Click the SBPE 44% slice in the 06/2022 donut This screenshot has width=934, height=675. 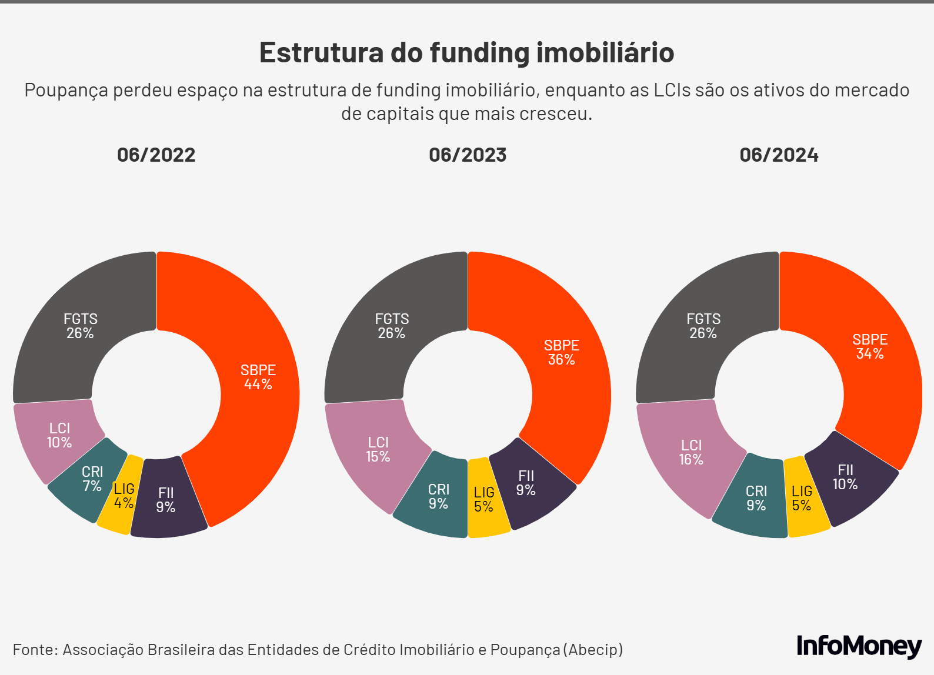point(259,376)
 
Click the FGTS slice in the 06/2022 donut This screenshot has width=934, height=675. point(80,327)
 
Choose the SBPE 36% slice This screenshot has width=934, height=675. point(562,353)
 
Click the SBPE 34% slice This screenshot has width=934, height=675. point(870,347)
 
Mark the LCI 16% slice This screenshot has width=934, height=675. point(691,453)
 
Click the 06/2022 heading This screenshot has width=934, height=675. point(156,155)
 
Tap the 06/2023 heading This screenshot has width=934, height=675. point(468,155)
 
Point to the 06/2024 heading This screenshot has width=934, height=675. point(779,155)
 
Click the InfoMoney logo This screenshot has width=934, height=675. point(859,646)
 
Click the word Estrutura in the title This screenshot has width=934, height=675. point(321,52)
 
